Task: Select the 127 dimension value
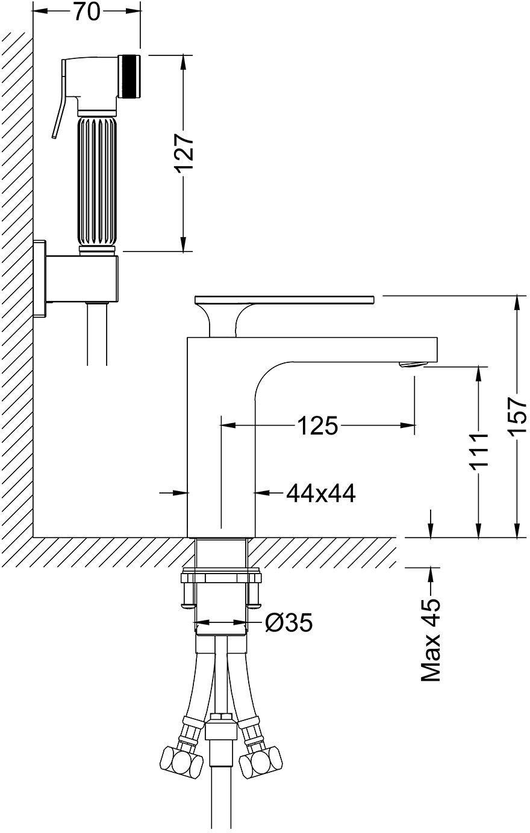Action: pos(184,152)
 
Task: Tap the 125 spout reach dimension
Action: pos(318,426)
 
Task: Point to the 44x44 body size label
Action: pos(321,494)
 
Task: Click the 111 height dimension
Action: pos(478,451)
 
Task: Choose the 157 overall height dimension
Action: pos(518,416)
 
